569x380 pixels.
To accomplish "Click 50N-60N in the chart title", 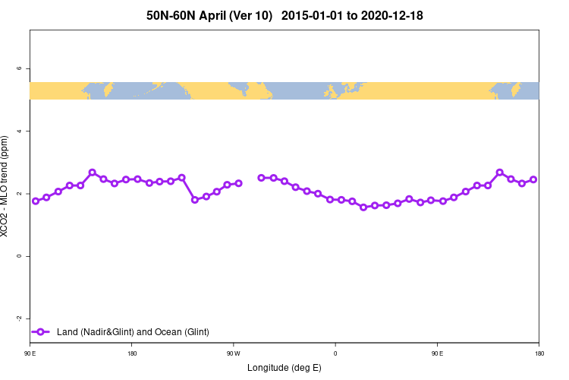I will coord(171,15).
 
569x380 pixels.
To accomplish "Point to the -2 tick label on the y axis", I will coord(19,318).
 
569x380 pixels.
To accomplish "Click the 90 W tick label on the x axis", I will coord(234,353).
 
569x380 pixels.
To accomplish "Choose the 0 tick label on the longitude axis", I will coord(335,353).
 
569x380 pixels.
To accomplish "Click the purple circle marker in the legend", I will coord(42,331).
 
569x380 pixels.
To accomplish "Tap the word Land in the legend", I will coord(67,331).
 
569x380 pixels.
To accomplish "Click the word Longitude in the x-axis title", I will coord(269,368).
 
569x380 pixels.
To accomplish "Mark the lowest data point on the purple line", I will coord(363,207).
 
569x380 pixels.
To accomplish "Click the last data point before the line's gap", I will coord(238,183).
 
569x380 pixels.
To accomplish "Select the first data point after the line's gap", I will coord(262,178).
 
